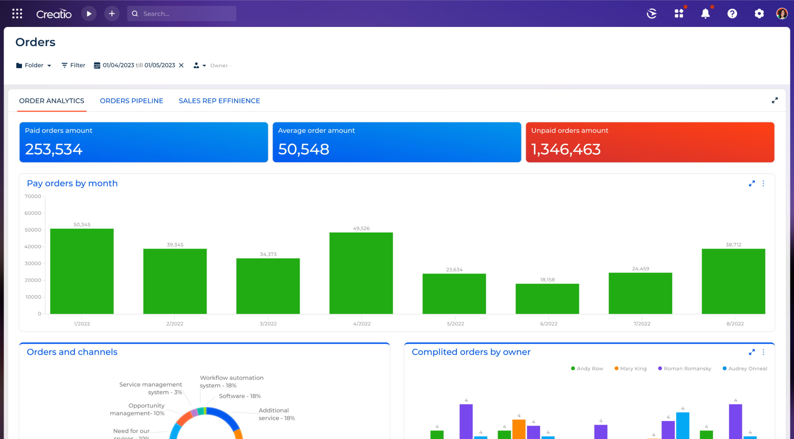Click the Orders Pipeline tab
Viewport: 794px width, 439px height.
click(131, 101)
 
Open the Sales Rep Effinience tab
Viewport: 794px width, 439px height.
click(219, 101)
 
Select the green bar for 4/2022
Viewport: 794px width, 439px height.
click(361, 273)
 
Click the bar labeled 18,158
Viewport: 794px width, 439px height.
click(547, 299)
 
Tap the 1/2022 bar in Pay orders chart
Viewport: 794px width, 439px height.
click(82, 271)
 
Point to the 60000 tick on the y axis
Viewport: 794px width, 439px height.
click(33, 213)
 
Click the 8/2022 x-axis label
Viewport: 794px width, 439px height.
click(735, 324)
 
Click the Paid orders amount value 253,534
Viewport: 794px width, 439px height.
click(54, 149)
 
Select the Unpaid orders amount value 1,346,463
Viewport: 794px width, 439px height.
click(566, 149)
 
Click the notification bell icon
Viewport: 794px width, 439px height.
click(705, 14)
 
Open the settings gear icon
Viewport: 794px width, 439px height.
click(759, 14)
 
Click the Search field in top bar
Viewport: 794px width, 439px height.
click(182, 14)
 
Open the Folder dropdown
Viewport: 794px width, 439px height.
click(34, 65)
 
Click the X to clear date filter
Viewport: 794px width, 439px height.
click(181, 65)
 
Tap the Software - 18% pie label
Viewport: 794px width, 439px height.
click(240, 396)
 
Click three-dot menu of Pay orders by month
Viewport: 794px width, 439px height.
click(763, 184)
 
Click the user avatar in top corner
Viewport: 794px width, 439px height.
click(782, 14)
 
